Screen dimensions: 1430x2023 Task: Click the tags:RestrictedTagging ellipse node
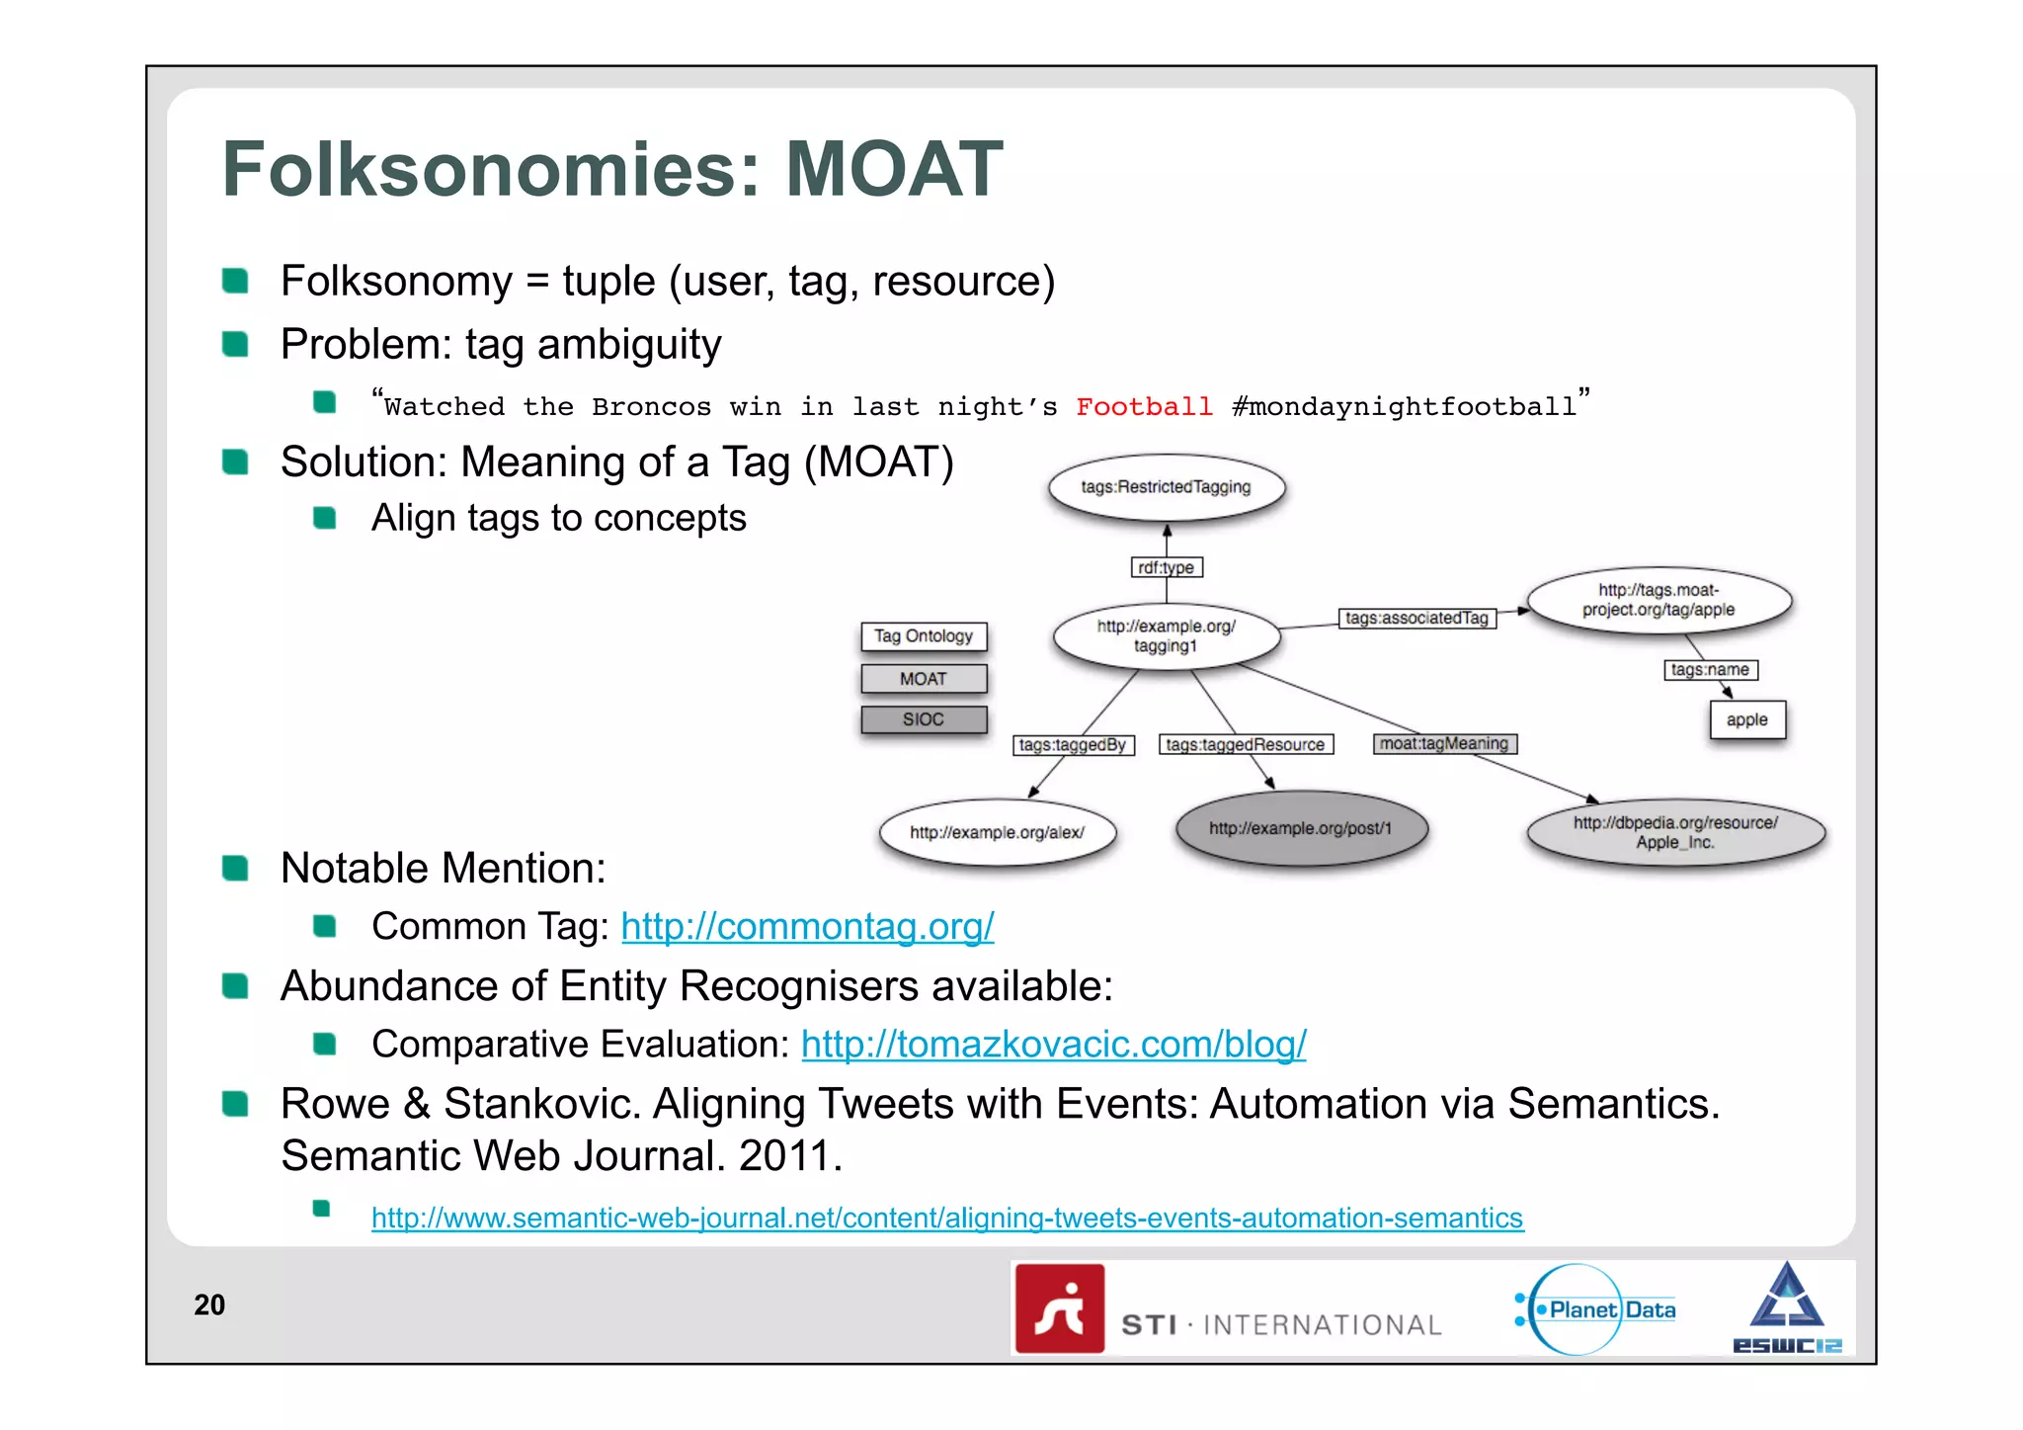pyautogui.click(x=1166, y=487)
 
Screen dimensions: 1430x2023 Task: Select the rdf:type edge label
pyautogui.click(x=1166, y=567)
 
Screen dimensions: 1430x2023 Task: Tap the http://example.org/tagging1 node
pyautogui.click(x=1166, y=635)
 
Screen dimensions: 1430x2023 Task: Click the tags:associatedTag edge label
pyautogui.click(x=1416, y=618)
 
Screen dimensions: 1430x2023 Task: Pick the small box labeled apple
pyautogui.click(x=1746, y=719)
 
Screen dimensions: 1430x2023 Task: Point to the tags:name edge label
pyautogui.click(x=1710, y=670)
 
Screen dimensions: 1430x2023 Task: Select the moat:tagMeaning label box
pyautogui.click(x=1444, y=743)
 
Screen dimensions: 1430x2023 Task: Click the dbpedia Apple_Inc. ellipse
pyautogui.click(x=1675, y=832)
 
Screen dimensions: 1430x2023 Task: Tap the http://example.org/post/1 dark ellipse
pyautogui.click(x=1300, y=828)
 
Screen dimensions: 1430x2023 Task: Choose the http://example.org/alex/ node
pyautogui.click(x=997, y=832)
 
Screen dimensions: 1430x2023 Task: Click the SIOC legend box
pyautogui.click(x=923, y=719)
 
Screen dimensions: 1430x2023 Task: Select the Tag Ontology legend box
pyautogui.click(x=923, y=636)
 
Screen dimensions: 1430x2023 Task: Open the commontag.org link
pyautogui.click(x=807, y=926)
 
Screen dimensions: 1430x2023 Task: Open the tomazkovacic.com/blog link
pyautogui.click(x=1053, y=1044)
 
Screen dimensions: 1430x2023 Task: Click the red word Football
pyautogui.click(x=1144, y=406)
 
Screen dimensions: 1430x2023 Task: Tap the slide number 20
pyautogui.click(x=209, y=1304)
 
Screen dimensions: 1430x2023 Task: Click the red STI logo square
pyautogui.click(x=1059, y=1308)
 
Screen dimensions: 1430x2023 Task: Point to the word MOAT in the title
pyautogui.click(x=894, y=169)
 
